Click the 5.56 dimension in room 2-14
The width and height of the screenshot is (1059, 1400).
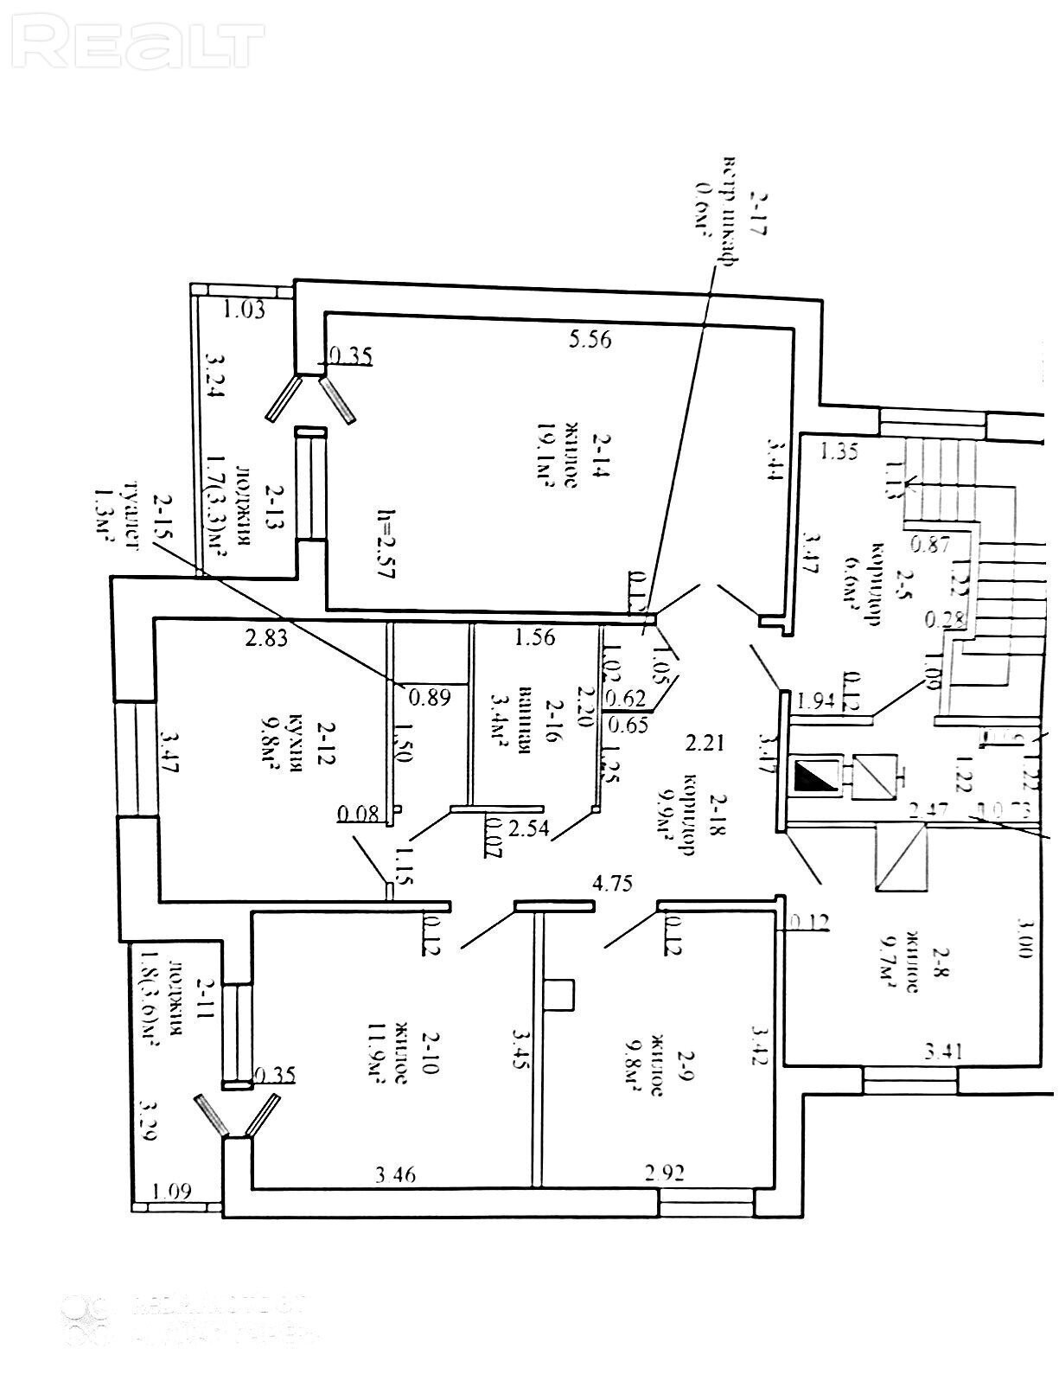(x=590, y=339)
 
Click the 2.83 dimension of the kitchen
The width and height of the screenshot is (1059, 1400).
(x=266, y=639)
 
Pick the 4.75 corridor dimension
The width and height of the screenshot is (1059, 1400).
(x=612, y=883)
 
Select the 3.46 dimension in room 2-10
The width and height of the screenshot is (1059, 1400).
(x=396, y=1174)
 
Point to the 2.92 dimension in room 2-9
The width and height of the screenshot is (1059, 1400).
(x=665, y=1173)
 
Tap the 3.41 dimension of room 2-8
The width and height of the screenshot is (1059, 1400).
(x=944, y=1052)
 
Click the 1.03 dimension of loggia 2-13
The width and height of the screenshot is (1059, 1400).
(x=245, y=309)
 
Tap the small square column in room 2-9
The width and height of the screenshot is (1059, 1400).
(x=560, y=994)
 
